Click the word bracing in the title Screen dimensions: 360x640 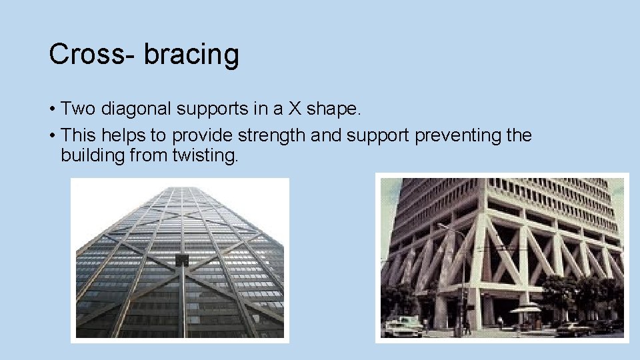tap(191, 55)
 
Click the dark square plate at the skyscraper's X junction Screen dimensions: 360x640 tap(181, 260)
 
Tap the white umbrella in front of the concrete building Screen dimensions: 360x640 tap(525, 309)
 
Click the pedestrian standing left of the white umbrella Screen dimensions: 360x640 tap(500, 323)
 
